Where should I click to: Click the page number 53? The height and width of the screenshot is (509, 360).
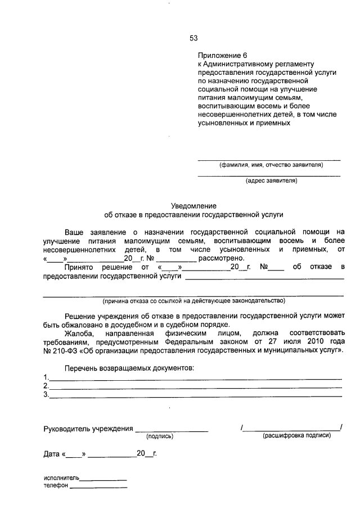[193, 38]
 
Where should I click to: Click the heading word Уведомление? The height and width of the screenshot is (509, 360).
[193, 206]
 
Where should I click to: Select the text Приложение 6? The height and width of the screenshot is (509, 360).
[222, 56]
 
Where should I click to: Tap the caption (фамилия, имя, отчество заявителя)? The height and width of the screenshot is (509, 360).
[271, 165]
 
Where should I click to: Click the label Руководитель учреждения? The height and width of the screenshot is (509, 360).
[88, 429]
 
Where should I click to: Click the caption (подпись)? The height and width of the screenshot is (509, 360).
[160, 436]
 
